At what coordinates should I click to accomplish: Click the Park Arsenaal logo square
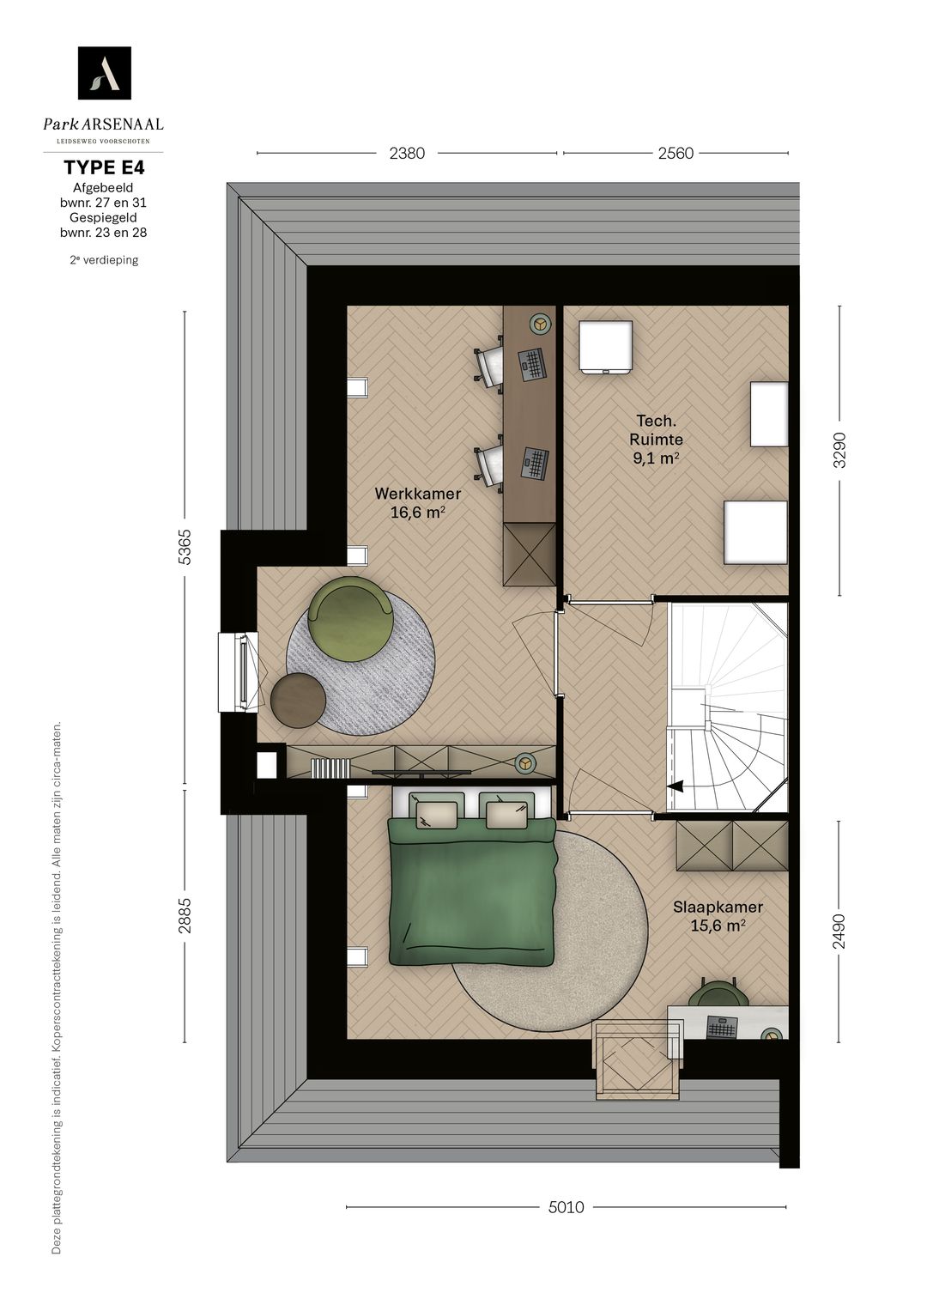pos(104,73)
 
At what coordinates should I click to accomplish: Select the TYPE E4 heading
pos(104,168)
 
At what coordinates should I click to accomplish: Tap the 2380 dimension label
pos(407,154)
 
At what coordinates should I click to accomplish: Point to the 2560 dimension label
pos(676,154)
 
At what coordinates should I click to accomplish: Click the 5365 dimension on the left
pos(185,547)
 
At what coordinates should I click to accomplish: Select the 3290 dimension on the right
pos(839,450)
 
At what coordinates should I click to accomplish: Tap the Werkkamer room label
pos(418,494)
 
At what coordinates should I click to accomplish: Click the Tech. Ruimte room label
pos(656,429)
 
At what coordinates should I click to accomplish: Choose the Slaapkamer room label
pos(718,907)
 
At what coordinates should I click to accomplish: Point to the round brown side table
pos(299,700)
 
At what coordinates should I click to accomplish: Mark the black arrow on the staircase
pos(677,786)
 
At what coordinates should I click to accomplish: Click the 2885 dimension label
pos(185,914)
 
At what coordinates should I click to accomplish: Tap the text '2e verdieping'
pos(104,260)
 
